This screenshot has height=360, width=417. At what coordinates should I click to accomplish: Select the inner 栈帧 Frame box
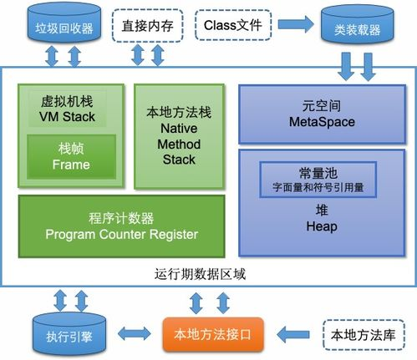pyautogui.click(x=71, y=156)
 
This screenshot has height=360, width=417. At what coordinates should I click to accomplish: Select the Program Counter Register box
pyautogui.click(x=122, y=227)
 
